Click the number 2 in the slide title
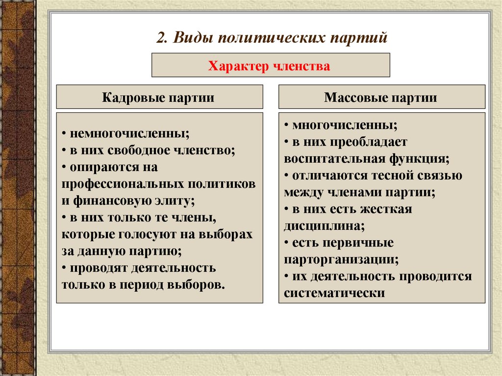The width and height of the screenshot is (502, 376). tap(161, 38)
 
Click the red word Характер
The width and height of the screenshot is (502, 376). tap(236, 66)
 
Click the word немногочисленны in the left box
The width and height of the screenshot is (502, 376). tap(129, 133)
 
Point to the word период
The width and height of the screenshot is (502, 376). tap(141, 284)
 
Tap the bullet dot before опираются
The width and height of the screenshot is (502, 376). tap(64, 167)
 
